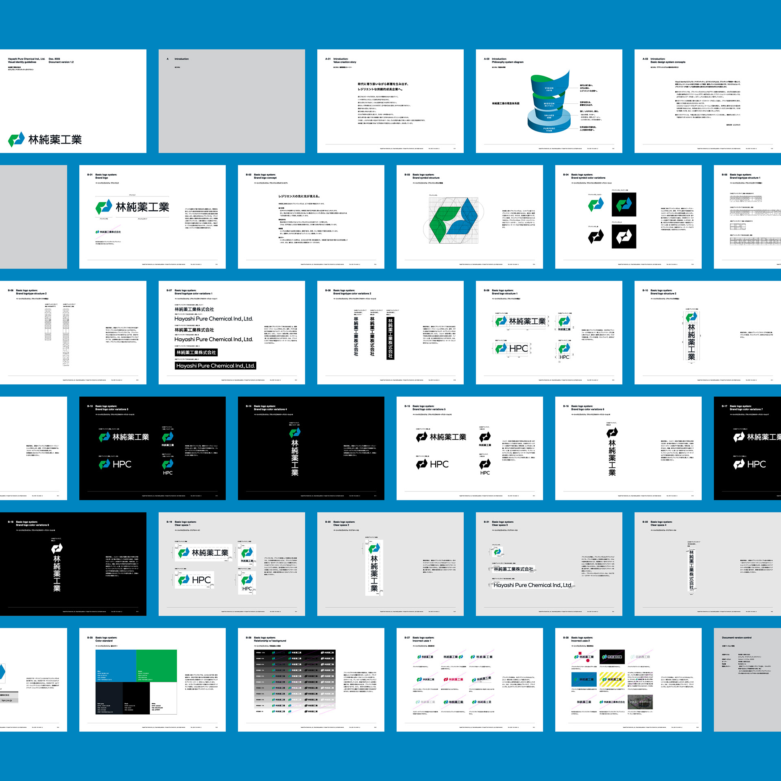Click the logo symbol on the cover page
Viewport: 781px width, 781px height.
click(16, 140)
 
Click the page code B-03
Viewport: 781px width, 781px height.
click(407, 175)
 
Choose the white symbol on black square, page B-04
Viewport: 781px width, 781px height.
click(624, 236)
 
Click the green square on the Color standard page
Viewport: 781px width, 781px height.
click(156, 665)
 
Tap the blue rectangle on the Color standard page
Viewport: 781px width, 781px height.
click(116, 665)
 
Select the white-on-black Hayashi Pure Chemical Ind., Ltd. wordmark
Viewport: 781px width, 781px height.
click(215, 366)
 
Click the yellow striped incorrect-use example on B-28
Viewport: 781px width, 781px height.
click(612, 679)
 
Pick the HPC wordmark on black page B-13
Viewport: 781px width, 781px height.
click(122, 464)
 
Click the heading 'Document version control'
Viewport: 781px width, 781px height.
click(737, 638)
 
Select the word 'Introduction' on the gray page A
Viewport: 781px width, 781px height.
click(181, 59)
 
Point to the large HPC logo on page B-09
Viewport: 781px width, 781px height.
click(512, 349)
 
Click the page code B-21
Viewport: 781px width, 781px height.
click(486, 522)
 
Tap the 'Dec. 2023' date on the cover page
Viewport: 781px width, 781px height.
click(54, 59)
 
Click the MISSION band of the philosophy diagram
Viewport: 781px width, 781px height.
click(549, 104)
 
